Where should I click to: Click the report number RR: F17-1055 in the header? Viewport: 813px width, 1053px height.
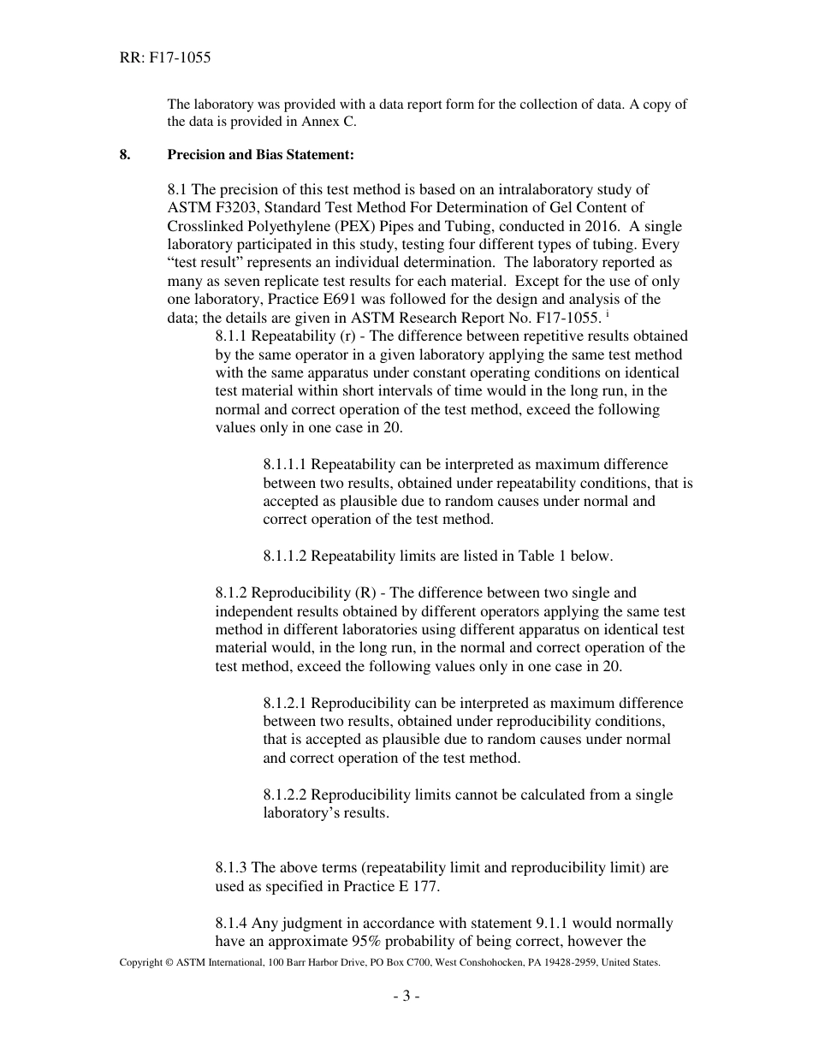pos(164,58)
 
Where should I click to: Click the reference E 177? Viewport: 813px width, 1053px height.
pos(418,887)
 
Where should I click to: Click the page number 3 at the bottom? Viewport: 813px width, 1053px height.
pos(406,996)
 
